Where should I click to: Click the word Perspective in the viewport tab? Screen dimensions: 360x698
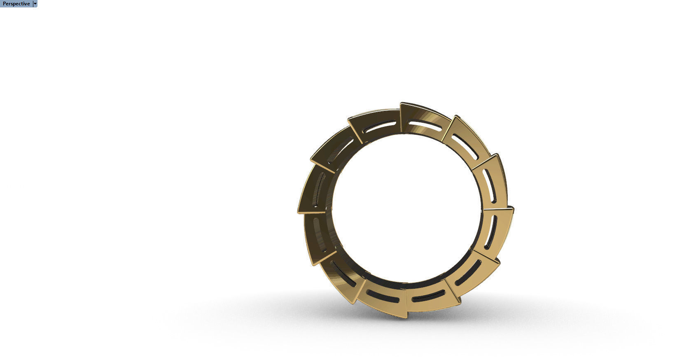(x=16, y=4)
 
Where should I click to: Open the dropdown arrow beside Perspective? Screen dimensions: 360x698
(x=35, y=4)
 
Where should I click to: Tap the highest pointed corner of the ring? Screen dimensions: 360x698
(x=401, y=103)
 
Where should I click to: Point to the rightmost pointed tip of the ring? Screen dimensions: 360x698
(x=513, y=208)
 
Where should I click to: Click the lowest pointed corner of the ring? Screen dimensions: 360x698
(x=406, y=318)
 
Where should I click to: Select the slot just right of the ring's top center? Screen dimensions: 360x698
(x=424, y=126)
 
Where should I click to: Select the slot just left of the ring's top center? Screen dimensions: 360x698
(x=381, y=127)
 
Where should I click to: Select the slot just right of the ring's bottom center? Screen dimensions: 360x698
(x=428, y=295)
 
